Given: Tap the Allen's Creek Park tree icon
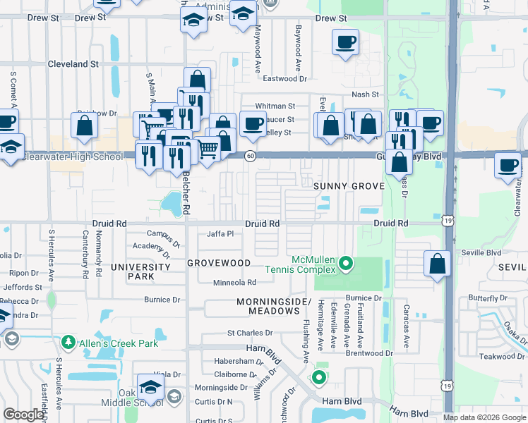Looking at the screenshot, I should point(68,342).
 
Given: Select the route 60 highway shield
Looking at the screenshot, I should point(250,156).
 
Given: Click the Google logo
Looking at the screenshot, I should point(23,415).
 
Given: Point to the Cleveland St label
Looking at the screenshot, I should point(73,64).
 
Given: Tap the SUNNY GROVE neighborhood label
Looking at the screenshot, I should point(349,186).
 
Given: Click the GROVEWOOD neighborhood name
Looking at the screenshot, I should point(219,263).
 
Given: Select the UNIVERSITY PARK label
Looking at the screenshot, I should point(140,272).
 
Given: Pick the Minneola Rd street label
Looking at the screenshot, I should point(235,283).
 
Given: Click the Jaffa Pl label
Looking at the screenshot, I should point(220,233).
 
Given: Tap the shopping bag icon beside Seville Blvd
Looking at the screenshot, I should point(438,263).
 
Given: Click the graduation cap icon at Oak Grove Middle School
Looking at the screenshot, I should point(150,386).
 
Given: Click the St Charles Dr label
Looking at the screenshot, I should point(249,333).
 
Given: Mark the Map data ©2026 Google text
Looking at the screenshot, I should point(484,417).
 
